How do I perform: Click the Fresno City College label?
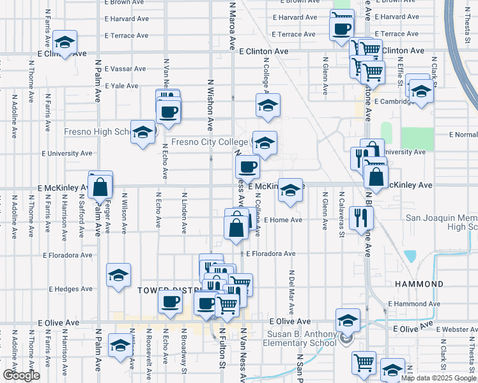pos(210,142)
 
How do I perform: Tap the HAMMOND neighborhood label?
pos(419,283)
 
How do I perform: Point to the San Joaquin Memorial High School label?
pos(441,223)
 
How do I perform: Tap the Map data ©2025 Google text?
pos(438,378)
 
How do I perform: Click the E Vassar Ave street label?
pos(125,68)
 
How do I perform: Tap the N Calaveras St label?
pos(341,214)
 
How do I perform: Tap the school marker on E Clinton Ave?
pos(65,43)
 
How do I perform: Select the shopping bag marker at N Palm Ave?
pos(100,187)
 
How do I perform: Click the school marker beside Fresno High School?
pos(143,132)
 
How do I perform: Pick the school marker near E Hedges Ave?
pos(118,275)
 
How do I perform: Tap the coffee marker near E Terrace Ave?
pos(342,28)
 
